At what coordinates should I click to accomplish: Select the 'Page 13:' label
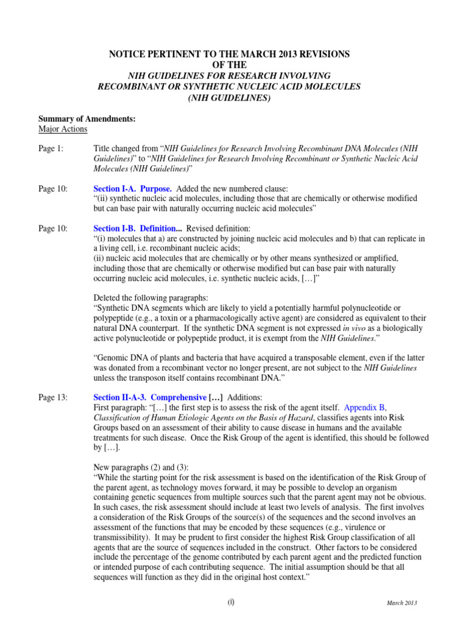click(x=53, y=397)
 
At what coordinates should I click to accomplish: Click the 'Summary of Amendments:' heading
click(x=79, y=118)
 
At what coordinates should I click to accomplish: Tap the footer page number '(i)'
click(x=230, y=601)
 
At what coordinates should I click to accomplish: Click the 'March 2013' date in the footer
click(x=402, y=603)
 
